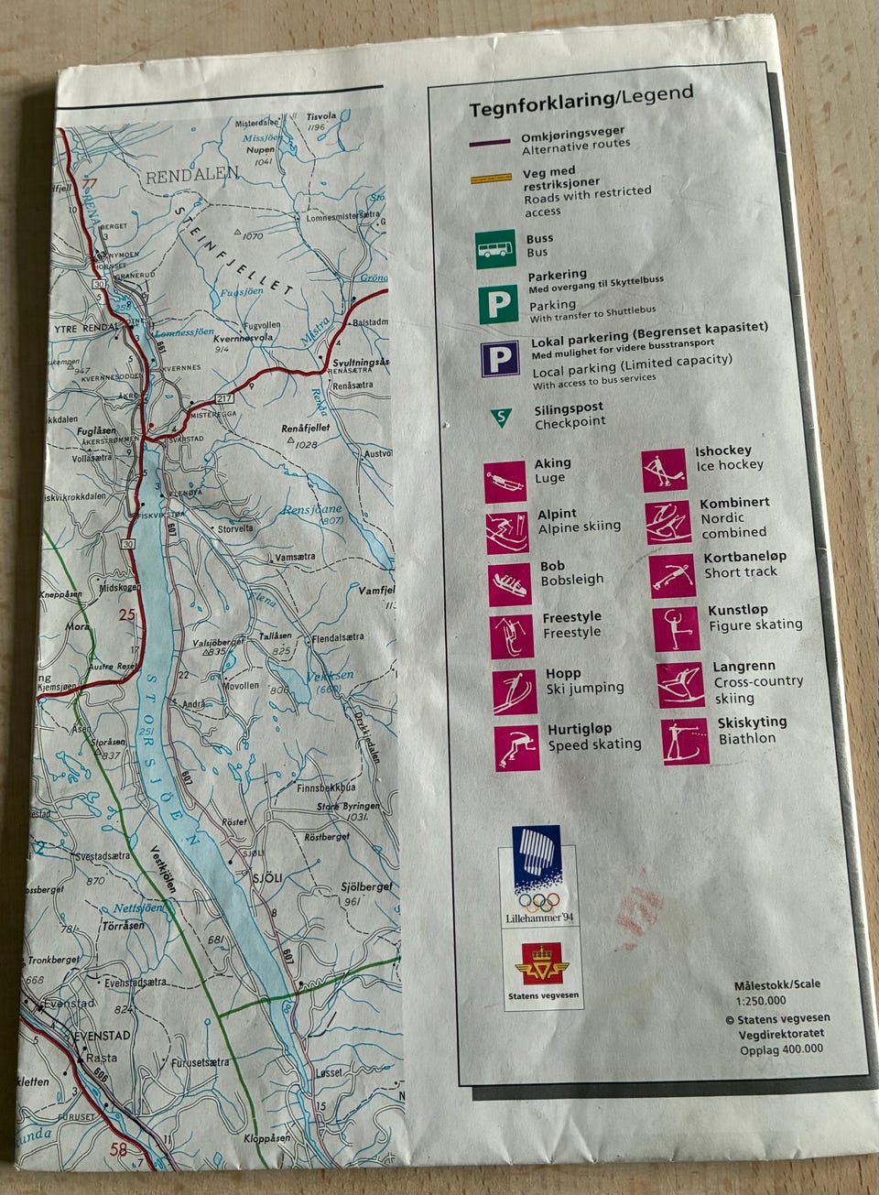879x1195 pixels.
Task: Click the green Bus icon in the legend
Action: coord(495,249)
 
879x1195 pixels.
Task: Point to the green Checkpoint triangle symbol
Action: coord(502,418)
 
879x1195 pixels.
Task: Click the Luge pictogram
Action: coord(505,482)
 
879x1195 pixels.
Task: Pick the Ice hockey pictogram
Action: coord(663,471)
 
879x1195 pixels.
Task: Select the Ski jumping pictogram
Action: coord(515,692)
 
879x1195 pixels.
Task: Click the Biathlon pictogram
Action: coord(685,742)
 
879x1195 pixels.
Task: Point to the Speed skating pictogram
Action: coord(517,748)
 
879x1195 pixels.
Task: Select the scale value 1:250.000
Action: coord(759,1000)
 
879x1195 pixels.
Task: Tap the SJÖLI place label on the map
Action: coord(267,876)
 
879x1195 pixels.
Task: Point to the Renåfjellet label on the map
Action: coord(307,428)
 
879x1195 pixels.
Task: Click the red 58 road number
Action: coord(118,1151)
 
